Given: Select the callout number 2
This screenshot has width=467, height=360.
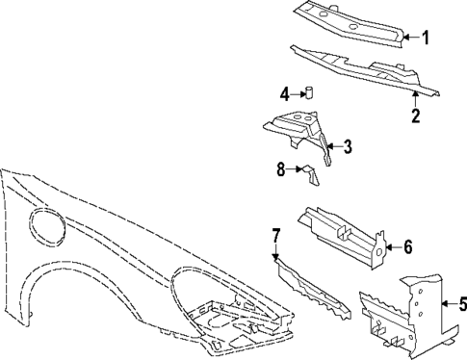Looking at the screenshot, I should tap(416, 117).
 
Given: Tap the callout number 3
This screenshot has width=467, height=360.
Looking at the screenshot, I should tap(349, 146).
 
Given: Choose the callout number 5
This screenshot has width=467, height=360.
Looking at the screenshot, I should tap(461, 305).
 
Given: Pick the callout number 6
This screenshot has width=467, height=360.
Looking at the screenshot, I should tap(407, 247).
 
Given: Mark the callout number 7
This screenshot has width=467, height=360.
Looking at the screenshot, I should tap(275, 235).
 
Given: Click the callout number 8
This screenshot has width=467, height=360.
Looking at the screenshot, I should tap(281, 169).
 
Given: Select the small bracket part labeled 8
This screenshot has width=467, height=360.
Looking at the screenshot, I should tap(311, 173).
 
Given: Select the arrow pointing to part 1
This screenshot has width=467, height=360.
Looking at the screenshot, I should tap(411, 38).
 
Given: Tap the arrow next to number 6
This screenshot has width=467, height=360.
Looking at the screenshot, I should tap(391, 247).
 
